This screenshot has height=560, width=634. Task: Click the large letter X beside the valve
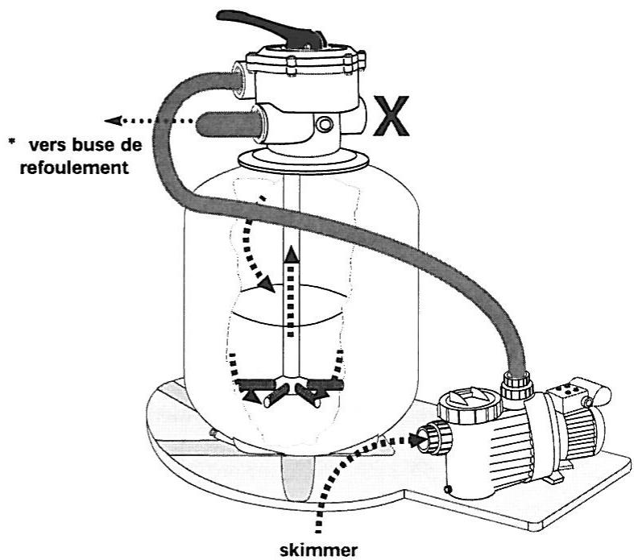click(391, 116)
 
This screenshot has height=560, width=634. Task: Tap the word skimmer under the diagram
click(319, 550)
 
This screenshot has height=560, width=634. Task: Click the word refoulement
click(74, 168)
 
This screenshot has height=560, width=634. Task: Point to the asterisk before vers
click(12, 142)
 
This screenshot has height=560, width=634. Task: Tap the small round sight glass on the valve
click(325, 124)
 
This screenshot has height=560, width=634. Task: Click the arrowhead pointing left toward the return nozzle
click(114, 120)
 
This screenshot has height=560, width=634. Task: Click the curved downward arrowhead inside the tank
click(266, 284)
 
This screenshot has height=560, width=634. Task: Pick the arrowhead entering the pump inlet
click(415, 439)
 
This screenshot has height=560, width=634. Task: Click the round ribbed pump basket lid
click(470, 405)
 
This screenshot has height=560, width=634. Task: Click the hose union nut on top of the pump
click(516, 385)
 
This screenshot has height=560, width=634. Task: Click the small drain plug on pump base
click(448, 490)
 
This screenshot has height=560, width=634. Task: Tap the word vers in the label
click(48, 146)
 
